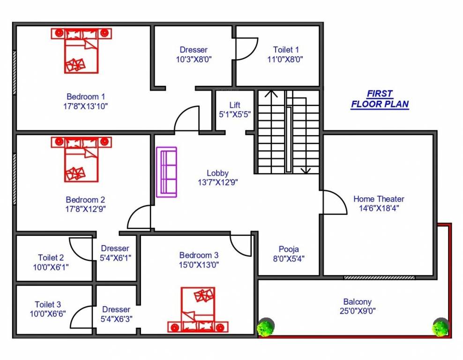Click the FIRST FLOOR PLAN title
[x=380, y=99]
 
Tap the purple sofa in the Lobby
[x=166, y=172]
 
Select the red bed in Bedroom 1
[x=82, y=51]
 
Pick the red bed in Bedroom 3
[x=198, y=310]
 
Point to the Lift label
[x=235, y=105]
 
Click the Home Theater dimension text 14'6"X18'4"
[x=379, y=209]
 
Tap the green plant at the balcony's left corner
[x=266, y=327]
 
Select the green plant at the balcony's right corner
[x=441, y=327]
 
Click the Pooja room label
[x=289, y=249]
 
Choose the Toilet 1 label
[x=286, y=50]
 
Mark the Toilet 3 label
[x=48, y=305]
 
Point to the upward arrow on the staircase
[x=270, y=94]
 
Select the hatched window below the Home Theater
[x=379, y=277]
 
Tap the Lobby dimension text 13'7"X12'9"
[x=217, y=182]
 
